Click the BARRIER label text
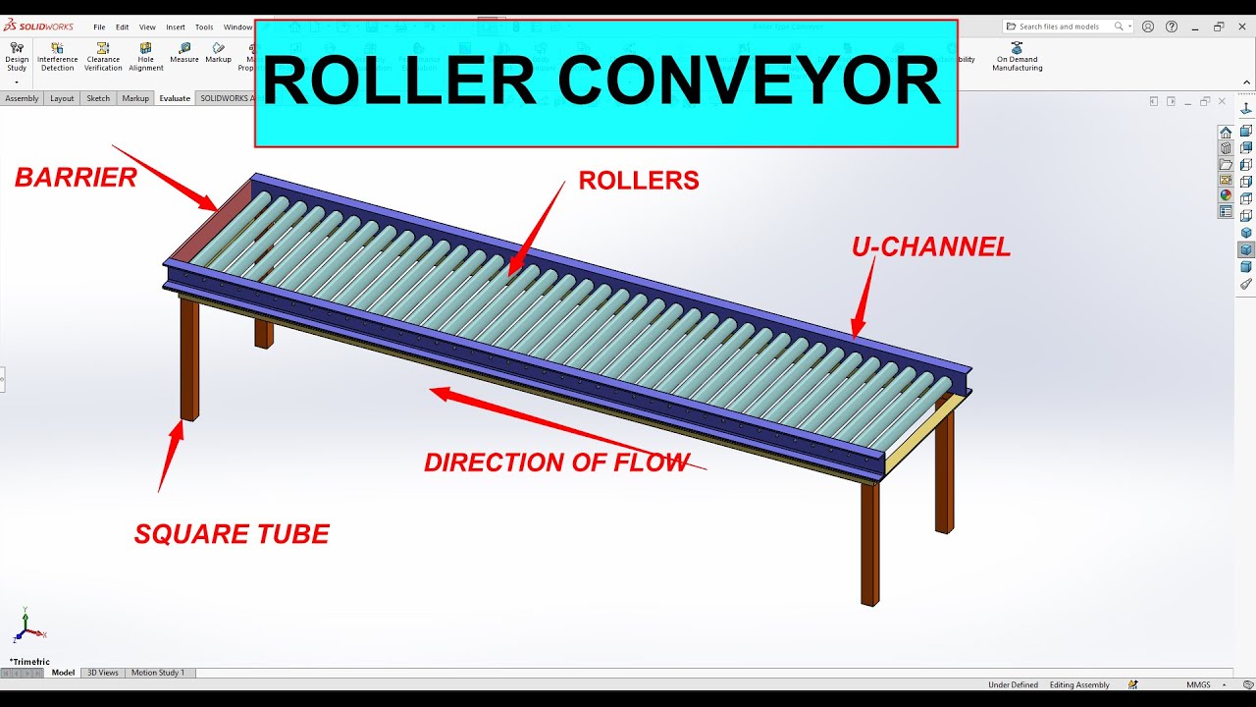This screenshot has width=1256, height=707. [76, 178]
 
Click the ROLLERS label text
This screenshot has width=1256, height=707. [638, 181]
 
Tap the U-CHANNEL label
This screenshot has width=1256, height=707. [930, 248]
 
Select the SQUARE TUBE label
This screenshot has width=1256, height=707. [232, 534]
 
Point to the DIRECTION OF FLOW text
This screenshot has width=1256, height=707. [556, 462]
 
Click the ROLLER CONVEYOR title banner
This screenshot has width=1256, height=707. [605, 83]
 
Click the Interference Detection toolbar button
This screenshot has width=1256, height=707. [57, 56]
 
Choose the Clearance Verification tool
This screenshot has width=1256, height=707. [103, 56]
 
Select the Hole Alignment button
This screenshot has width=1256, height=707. [146, 56]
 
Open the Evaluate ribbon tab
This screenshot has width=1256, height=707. [175, 98]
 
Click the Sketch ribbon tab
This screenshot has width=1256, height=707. [98, 98]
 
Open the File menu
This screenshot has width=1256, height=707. [99, 27]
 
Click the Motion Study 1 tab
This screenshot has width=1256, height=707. [158, 673]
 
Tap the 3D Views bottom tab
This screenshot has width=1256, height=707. [103, 673]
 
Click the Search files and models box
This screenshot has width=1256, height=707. [1065, 27]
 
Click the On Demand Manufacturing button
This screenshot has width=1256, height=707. [1017, 56]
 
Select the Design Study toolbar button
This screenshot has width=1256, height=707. [17, 56]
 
